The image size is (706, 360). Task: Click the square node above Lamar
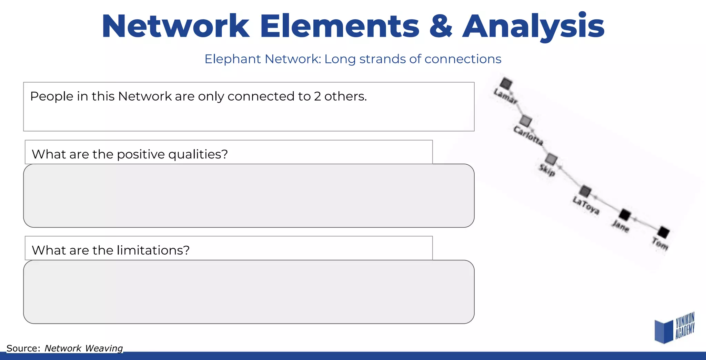pos(506,83)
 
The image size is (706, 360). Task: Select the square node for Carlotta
pos(525,121)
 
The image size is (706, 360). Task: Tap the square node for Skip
pos(551,159)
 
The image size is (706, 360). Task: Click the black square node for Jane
pos(624,215)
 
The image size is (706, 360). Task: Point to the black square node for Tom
pos(663,232)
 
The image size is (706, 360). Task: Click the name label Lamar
pos(505,96)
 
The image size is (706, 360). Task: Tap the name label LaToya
pos(586,205)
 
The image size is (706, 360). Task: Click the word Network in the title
pos(175,27)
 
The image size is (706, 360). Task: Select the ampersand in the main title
pos(441,27)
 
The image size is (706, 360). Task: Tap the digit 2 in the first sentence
pos(317,96)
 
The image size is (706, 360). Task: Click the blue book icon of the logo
pos(664,331)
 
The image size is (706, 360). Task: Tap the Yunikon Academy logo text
pos(685,325)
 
